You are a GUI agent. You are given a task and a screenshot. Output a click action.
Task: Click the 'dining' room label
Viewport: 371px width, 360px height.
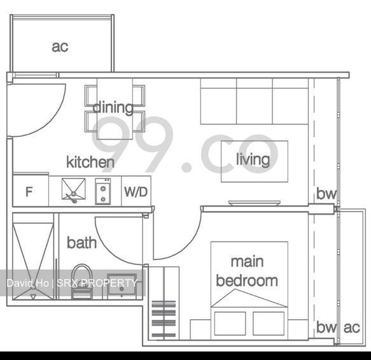[x=113, y=108]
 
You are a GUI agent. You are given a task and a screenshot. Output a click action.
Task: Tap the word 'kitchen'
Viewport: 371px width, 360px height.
[x=90, y=162]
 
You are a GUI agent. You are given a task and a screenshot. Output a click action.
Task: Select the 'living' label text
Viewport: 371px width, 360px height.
[x=253, y=159]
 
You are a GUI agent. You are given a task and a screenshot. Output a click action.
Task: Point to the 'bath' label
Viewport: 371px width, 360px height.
[x=82, y=243]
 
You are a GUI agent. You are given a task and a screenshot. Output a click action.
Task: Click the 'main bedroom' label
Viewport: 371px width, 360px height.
[x=247, y=271]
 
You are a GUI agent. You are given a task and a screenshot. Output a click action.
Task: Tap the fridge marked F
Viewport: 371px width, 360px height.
[x=31, y=191]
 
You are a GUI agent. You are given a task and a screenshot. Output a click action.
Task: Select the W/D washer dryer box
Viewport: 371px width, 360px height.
[x=136, y=191]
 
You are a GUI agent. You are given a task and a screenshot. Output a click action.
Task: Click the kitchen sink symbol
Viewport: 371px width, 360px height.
[x=74, y=189]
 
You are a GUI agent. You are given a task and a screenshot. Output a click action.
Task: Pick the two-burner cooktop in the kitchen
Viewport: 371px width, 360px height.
[x=103, y=191]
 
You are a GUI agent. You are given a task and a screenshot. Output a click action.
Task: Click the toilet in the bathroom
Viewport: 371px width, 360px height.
[x=81, y=282]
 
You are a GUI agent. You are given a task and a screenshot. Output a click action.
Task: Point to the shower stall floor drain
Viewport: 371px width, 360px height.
[x=33, y=287]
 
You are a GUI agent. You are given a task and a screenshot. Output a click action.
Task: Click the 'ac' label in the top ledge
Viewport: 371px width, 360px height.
[x=60, y=47]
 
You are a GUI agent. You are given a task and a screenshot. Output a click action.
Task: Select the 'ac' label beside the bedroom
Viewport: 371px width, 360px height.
[x=352, y=328]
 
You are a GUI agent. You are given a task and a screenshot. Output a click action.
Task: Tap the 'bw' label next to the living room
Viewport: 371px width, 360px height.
[x=326, y=194]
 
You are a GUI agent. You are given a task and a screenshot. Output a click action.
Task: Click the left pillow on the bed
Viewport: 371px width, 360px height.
[x=230, y=323]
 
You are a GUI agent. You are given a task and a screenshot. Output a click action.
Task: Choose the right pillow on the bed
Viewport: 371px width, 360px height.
[x=269, y=323]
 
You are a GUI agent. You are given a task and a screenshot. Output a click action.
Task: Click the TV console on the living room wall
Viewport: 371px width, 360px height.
[x=255, y=203]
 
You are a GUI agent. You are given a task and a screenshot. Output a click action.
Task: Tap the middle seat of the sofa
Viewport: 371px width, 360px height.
[x=255, y=101]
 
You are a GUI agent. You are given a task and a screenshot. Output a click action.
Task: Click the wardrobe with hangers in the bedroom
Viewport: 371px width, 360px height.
[x=164, y=303]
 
